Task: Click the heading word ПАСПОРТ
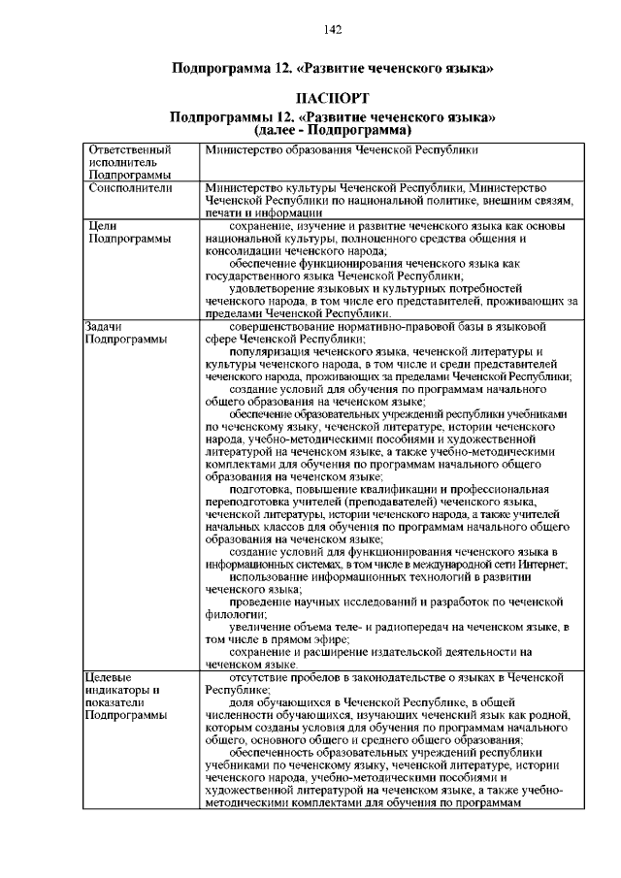[x=332, y=100]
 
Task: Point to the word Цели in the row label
[x=103, y=225]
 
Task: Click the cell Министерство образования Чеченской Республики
[x=342, y=150]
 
